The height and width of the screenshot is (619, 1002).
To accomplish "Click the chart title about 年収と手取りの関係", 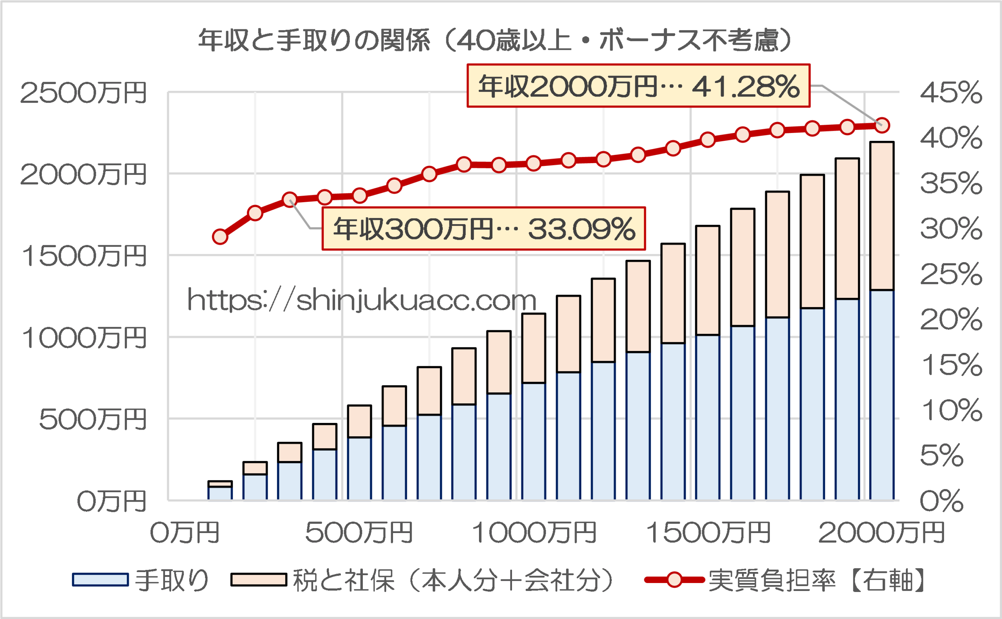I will [x=496, y=41].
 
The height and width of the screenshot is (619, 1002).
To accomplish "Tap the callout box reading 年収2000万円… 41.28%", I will [x=638, y=86].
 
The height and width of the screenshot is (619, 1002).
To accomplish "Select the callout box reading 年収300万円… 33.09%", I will [x=484, y=229].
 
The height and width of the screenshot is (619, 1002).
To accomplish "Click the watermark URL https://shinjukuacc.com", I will [x=362, y=300].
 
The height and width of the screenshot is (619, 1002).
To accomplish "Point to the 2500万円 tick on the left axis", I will [x=83, y=92].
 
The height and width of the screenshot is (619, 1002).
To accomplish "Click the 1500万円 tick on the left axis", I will [x=83, y=256].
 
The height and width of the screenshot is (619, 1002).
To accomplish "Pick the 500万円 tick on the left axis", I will [x=92, y=419].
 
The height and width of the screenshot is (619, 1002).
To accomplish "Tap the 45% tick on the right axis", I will [x=951, y=92].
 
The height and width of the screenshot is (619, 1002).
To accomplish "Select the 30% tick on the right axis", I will [x=951, y=229].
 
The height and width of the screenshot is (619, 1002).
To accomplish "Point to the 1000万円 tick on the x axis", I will [x=534, y=532].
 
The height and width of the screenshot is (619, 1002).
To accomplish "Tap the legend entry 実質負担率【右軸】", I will [x=784, y=580].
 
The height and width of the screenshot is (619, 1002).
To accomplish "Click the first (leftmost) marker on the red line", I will [x=220, y=237].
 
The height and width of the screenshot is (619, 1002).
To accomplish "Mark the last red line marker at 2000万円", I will [x=882, y=125].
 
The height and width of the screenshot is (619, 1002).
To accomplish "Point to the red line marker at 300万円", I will [x=290, y=200].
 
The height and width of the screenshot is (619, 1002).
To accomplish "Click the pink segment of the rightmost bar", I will [x=882, y=216].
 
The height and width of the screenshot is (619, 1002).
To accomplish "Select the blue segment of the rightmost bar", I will [x=882, y=395].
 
